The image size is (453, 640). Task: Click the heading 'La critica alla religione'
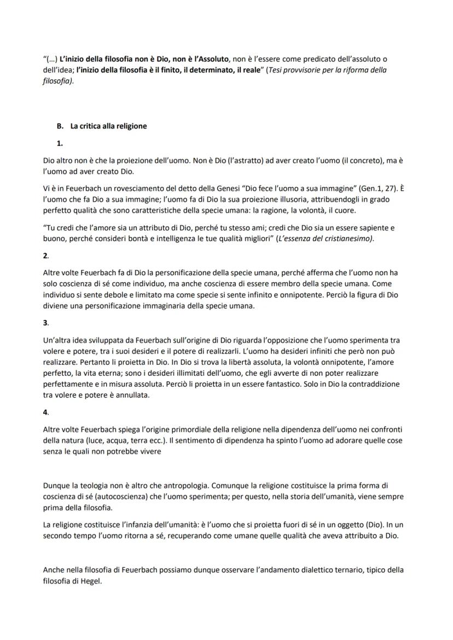pos(108,126)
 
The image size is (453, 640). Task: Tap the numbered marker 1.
pos(60,144)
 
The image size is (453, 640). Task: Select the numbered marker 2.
pos(45,255)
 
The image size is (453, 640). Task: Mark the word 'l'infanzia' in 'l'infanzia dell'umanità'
pos(126,525)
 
